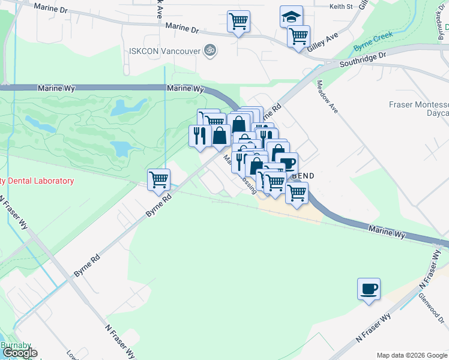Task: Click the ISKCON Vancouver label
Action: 164,50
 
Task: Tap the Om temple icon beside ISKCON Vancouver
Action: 209,50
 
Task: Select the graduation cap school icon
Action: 291,16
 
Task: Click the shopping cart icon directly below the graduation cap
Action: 298,35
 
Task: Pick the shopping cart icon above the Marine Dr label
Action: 238,22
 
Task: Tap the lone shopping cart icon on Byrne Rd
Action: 159,179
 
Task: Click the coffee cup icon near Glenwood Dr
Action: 369,289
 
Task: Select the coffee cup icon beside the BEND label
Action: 287,163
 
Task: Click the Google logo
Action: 19,353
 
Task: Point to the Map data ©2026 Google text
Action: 411,355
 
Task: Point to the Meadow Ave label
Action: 328,96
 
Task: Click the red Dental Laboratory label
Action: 37,181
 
